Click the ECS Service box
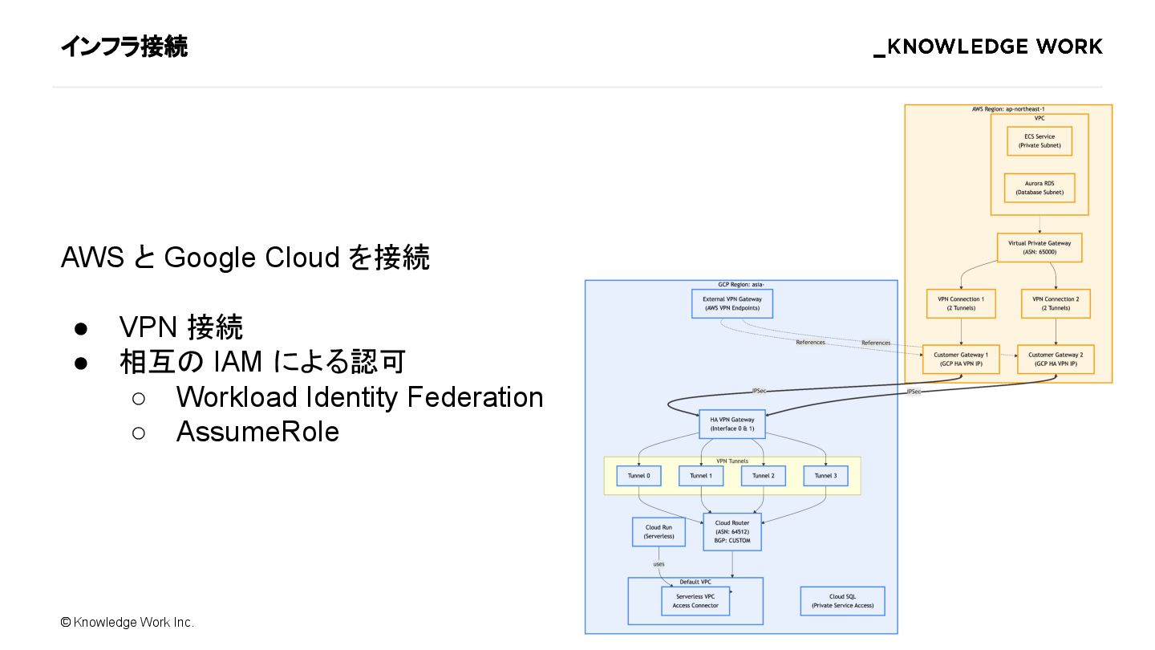point(1039,141)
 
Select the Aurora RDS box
point(1039,188)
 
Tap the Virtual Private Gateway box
point(1039,247)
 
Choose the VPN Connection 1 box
point(960,303)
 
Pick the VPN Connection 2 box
point(1056,303)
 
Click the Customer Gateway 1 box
point(961,359)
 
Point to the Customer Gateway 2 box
point(1056,359)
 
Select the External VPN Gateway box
point(731,303)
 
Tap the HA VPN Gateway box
point(731,424)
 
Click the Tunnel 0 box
point(638,476)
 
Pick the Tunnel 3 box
point(825,476)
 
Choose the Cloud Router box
point(731,531)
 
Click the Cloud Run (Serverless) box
point(659,531)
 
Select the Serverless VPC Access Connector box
point(695,600)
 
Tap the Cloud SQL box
point(842,601)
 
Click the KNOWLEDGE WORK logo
point(987,47)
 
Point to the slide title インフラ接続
point(124,47)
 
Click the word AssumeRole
point(257,432)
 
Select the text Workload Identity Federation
point(359,396)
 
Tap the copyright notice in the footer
point(127,622)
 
